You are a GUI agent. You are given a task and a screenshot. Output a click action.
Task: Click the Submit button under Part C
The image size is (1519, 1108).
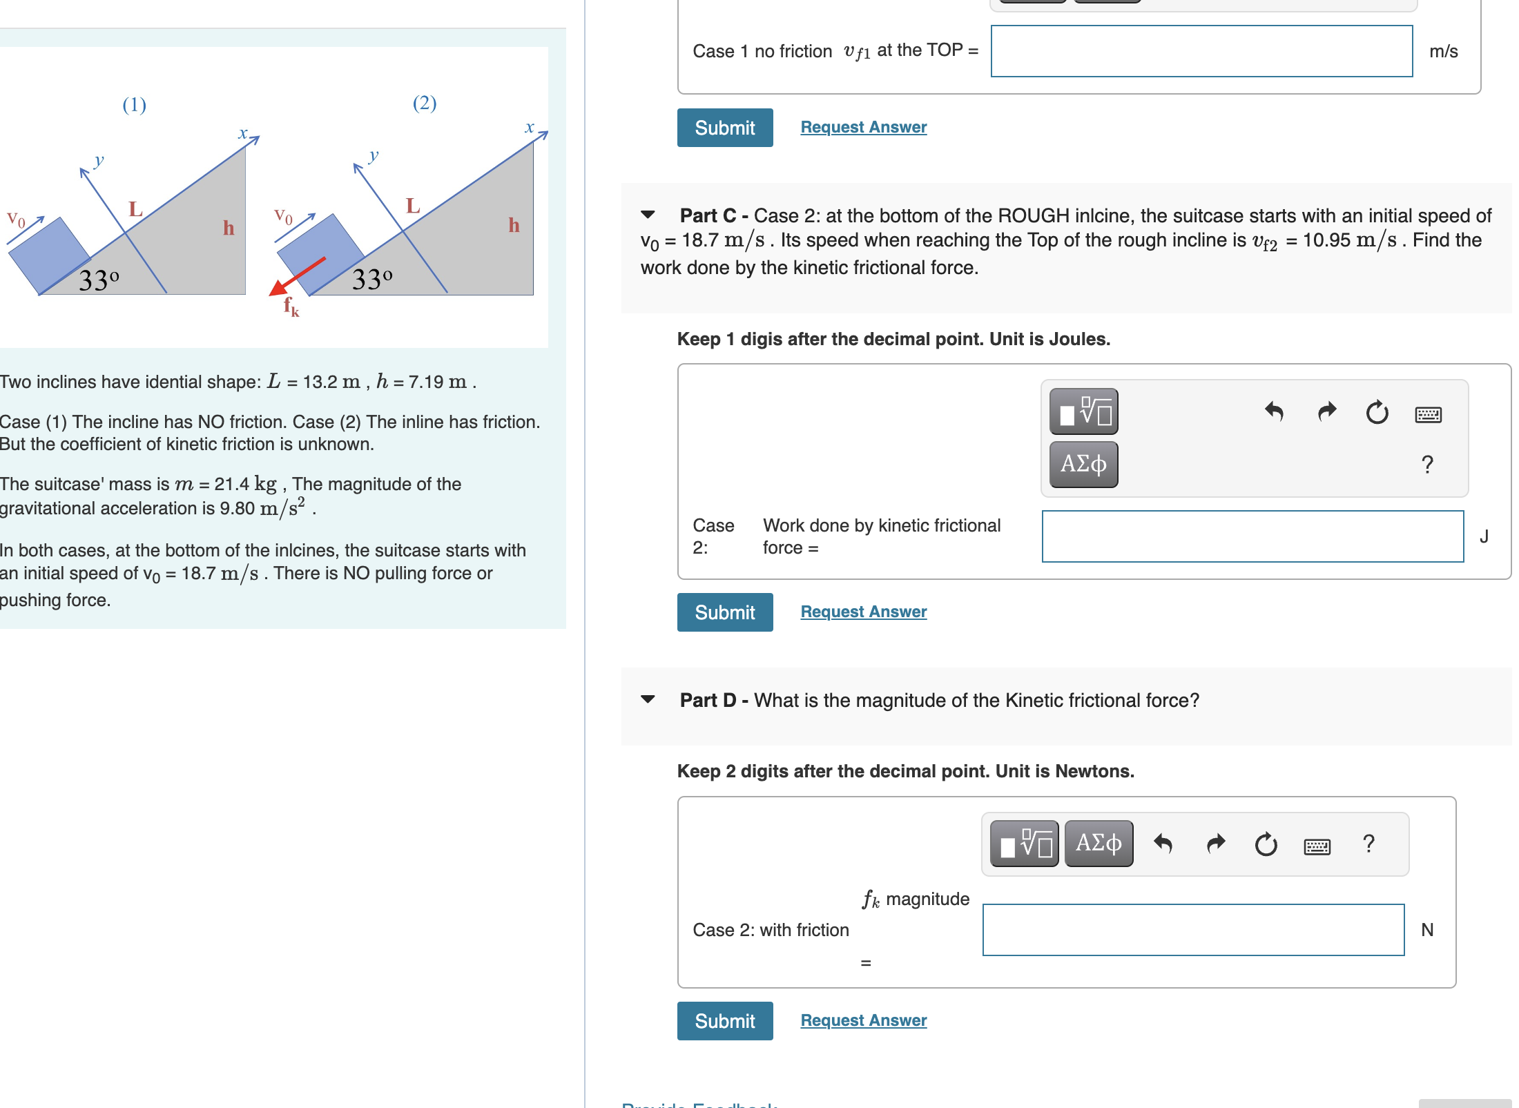click(x=724, y=612)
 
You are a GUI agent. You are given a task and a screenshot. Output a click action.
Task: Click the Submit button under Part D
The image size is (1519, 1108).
click(x=724, y=1021)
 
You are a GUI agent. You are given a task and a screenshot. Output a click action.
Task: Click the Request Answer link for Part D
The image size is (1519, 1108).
click(x=863, y=1020)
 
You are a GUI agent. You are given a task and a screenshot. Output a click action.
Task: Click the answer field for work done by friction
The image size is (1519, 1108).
click(x=1252, y=536)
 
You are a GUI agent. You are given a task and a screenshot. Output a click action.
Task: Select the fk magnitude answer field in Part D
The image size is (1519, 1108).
click(x=1192, y=930)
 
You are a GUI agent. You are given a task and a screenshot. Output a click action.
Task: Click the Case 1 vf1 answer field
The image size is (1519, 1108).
click(x=1201, y=51)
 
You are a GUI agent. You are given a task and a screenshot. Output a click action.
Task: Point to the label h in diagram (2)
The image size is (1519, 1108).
click(x=514, y=225)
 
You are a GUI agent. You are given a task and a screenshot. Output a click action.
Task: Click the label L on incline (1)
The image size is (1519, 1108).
click(x=135, y=208)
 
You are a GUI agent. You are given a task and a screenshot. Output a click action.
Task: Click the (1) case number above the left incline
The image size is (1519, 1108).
click(x=134, y=105)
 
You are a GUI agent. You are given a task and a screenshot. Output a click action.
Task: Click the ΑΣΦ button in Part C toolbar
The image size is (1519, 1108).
click(x=1083, y=464)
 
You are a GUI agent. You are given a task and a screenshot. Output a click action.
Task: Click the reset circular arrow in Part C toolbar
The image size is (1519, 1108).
click(x=1376, y=413)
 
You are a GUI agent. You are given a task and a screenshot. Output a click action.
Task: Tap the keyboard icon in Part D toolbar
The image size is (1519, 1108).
click(x=1317, y=846)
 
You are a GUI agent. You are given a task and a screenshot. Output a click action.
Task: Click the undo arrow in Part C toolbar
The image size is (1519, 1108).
click(x=1274, y=413)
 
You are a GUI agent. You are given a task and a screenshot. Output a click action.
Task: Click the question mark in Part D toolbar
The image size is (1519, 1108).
click(x=1368, y=844)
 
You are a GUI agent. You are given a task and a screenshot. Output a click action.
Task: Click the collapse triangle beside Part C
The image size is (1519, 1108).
click(x=648, y=215)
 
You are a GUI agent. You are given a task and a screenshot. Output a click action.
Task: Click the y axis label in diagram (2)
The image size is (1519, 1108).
click(x=374, y=155)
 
